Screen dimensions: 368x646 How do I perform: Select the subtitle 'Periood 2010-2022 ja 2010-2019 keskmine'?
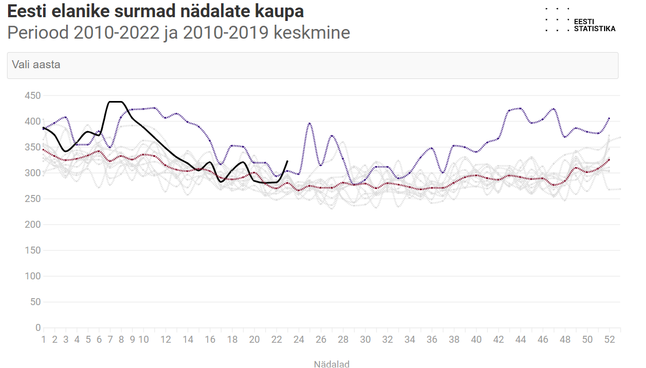tap(179, 33)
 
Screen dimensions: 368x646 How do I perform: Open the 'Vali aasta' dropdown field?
tap(312, 65)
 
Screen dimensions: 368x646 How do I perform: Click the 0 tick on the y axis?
tap(38, 328)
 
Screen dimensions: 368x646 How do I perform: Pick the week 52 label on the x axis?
tap(609, 340)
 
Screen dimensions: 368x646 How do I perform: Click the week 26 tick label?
tap(321, 340)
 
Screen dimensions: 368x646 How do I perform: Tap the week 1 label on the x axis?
tap(44, 340)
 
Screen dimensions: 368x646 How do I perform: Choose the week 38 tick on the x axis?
tap(454, 340)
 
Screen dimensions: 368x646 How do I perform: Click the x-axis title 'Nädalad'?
tap(331, 364)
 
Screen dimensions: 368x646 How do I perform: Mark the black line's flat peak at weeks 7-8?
tap(116, 102)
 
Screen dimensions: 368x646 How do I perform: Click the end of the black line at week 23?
tap(288, 161)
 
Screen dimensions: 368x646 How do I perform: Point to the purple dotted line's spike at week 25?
tap(310, 124)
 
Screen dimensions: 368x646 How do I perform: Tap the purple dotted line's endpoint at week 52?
tap(609, 118)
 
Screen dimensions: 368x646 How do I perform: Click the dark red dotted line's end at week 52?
tap(609, 160)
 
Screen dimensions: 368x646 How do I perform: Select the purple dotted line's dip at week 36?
tap(443, 172)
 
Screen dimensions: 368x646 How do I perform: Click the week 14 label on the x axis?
tap(188, 340)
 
